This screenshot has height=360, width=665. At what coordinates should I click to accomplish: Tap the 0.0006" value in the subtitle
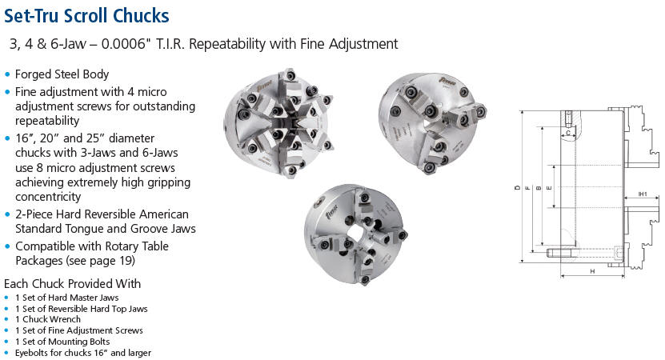click(x=126, y=44)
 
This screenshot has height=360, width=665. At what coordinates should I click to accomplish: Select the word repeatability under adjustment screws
click(x=47, y=121)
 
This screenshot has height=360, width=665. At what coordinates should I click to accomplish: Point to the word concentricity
click(x=48, y=197)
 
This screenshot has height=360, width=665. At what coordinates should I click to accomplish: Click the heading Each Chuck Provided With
click(x=72, y=284)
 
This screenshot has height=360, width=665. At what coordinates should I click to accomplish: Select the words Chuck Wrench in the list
click(x=51, y=319)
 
